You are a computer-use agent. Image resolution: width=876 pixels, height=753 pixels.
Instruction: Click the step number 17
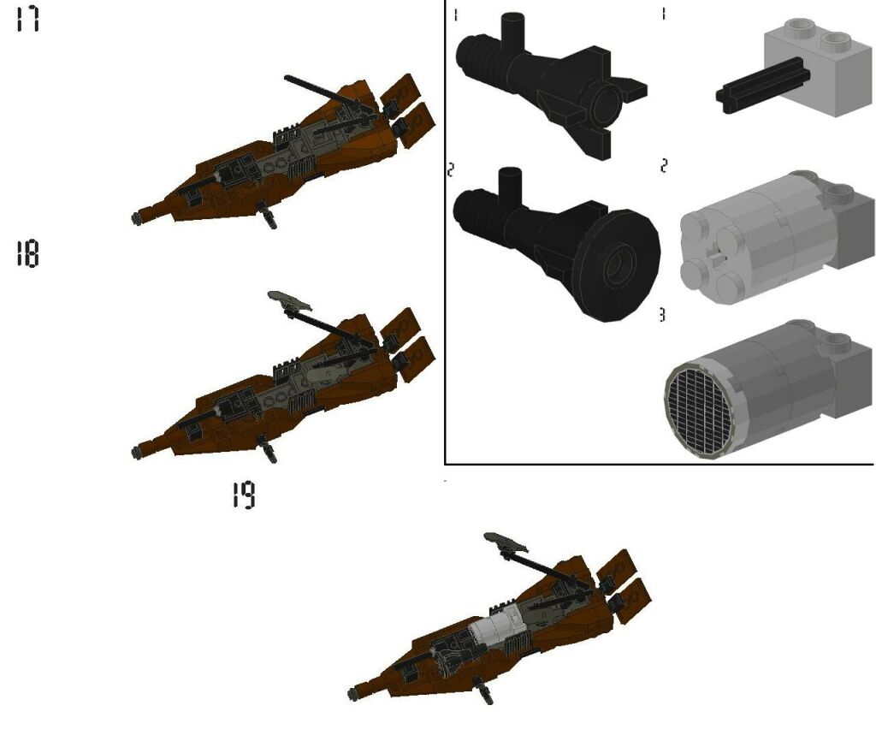point(27,20)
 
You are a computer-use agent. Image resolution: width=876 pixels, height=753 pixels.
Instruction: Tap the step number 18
point(27,254)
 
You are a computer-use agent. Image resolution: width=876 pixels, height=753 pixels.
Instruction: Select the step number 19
point(244,495)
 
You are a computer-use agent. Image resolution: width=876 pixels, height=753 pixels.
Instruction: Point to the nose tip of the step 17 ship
point(137,219)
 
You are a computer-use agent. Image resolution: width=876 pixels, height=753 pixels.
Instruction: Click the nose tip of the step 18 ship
point(137,452)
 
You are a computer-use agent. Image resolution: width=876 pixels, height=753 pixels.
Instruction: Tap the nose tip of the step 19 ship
point(353,693)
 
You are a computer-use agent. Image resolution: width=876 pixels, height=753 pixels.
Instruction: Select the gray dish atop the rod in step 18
point(289,299)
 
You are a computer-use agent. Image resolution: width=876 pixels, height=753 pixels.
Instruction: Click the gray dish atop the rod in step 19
point(506,541)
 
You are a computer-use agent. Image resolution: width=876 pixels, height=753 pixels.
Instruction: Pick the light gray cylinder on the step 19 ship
point(496,635)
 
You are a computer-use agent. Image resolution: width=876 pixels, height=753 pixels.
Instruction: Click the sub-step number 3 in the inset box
point(661,316)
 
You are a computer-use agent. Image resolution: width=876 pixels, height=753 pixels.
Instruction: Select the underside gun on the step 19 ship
point(485,691)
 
